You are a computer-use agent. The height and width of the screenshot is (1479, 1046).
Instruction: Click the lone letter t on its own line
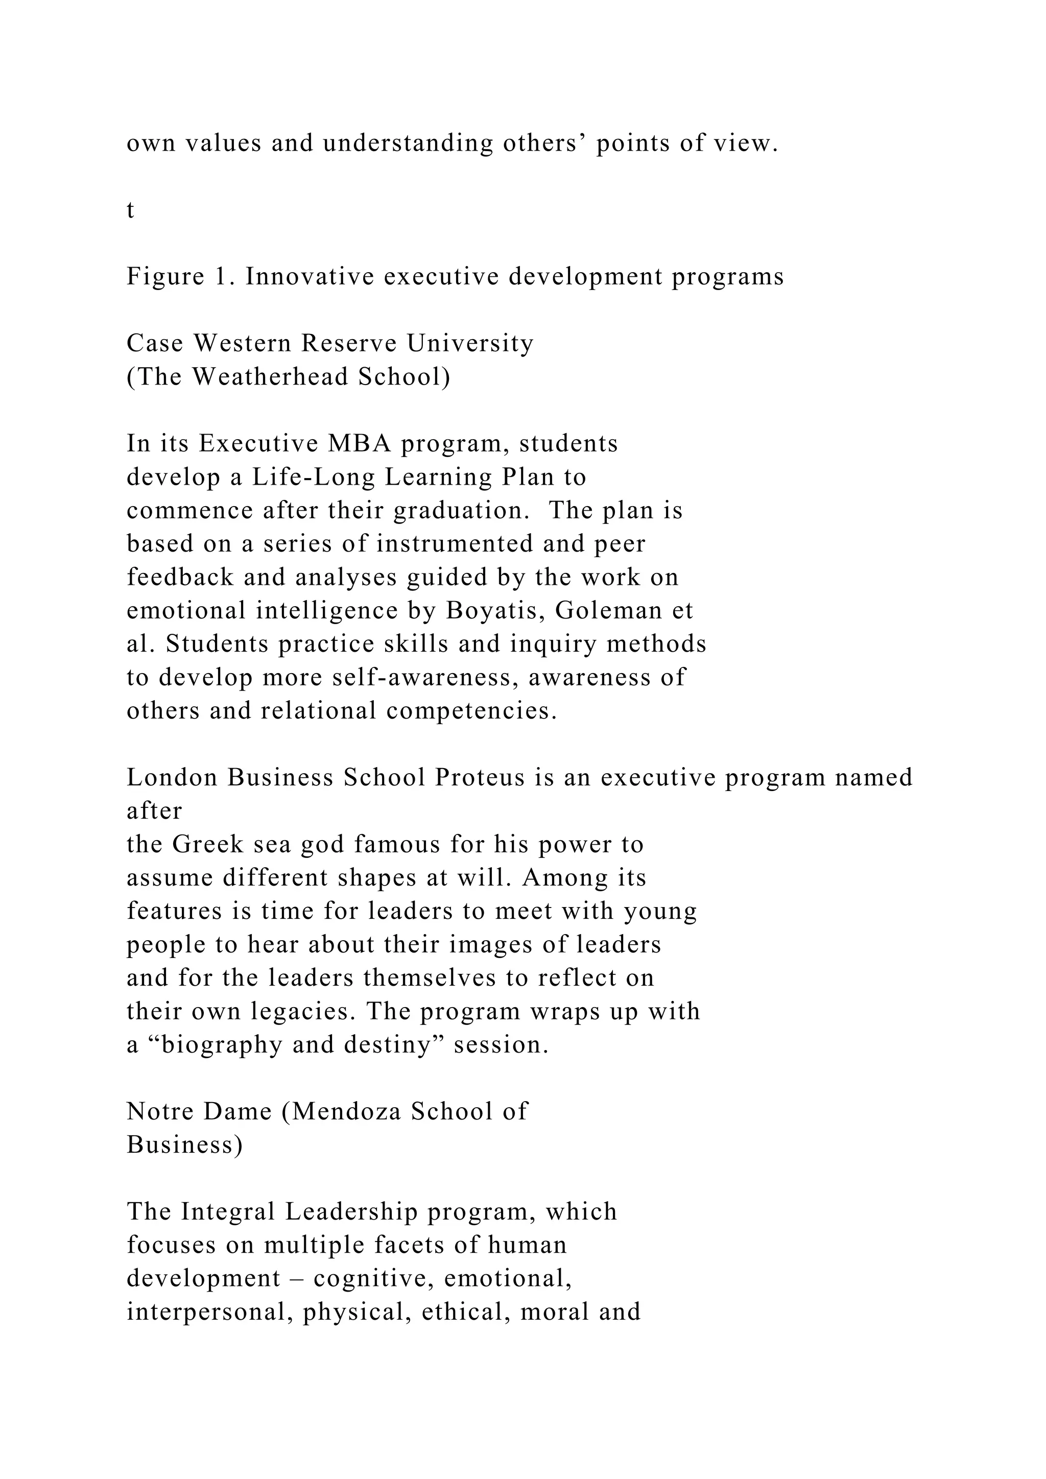tap(130, 210)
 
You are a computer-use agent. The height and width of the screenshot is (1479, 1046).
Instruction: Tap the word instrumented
tap(455, 544)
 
